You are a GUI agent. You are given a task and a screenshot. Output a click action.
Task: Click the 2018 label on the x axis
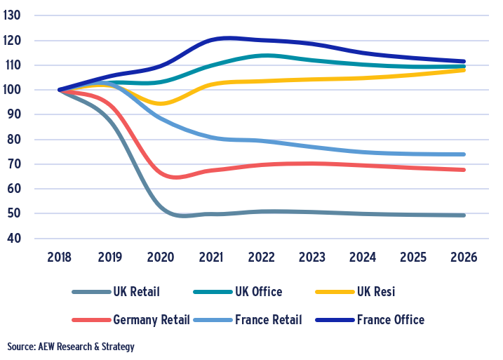tap(60, 257)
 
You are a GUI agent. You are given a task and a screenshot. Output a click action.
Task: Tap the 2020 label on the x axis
tap(161, 257)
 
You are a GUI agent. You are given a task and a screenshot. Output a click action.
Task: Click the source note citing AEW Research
tap(71, 347)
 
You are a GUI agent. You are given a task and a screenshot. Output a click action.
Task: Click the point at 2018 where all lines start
tap(60, 90)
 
